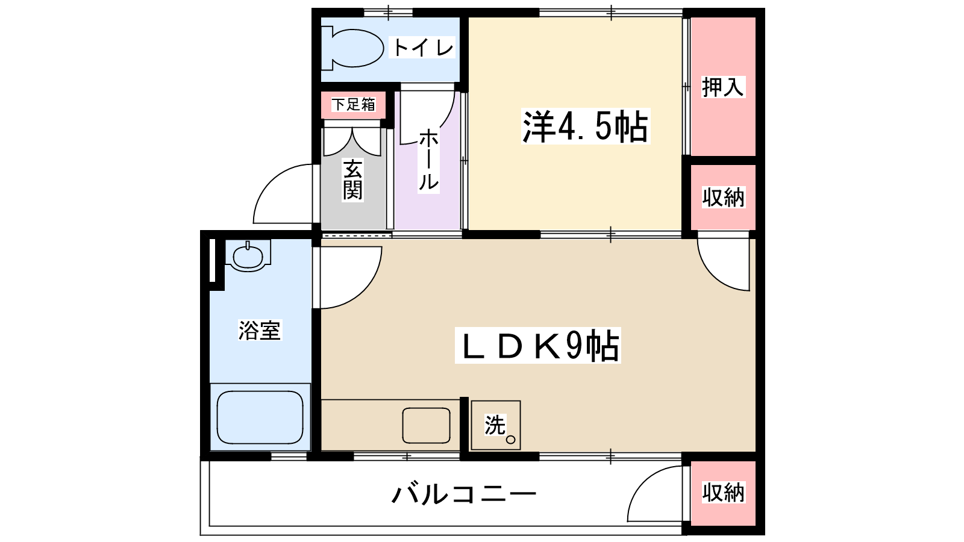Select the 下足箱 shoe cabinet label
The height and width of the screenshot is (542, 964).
click(x=353, y=105)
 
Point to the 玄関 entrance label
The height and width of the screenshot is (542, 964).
click(x=352, y=179)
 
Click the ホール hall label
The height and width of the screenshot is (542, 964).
click(x=428, y=160)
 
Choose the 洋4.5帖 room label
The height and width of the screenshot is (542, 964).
click(x=585, y=126)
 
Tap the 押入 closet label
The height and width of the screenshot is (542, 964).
click(x=723, y=87)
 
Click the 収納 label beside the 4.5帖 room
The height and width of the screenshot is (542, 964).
click(x=723, y=198)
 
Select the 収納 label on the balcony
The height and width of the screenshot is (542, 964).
click(x=723, y=493)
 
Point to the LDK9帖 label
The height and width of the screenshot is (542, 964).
click(x=538, y=346)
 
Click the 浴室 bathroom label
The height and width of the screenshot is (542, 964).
click(x=260, y=331)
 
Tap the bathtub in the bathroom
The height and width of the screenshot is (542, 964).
click(x=260, y=417)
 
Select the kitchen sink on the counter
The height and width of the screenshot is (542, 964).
click(x=426, y=425)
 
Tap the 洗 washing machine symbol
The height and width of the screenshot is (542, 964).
click(x=496, y=425)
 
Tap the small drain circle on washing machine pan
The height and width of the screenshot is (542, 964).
click(x=510, y=440)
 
